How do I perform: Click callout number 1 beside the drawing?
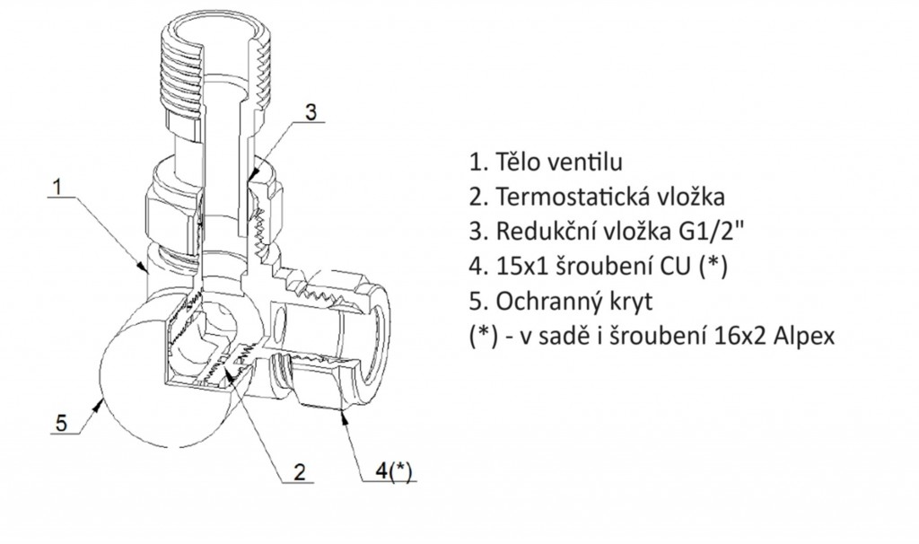57,189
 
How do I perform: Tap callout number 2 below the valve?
300,470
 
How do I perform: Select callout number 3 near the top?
309,112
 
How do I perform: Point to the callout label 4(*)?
392,469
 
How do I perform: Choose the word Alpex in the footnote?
810,332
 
